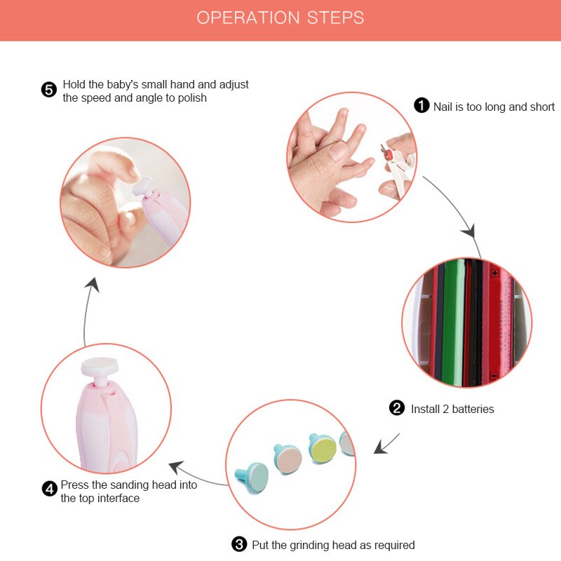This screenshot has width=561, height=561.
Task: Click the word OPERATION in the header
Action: coord(248,18)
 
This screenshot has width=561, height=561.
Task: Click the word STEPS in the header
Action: coord(336,18)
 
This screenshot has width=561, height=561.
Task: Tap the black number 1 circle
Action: coord(421,106)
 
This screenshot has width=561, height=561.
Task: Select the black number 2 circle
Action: coord(397,408)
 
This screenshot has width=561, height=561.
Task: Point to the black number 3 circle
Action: coord(239,544)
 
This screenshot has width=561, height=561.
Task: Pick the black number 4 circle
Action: coord(49,489)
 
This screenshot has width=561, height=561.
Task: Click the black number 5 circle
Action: coord(49,90)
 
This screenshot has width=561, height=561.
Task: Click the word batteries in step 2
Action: coord(473,409)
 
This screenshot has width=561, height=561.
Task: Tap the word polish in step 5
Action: coord(192,98)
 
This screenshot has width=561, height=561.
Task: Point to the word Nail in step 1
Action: coord(442,107)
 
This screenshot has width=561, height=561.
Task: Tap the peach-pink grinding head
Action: coord(288,459)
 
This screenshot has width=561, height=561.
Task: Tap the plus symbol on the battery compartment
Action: coord(495,273)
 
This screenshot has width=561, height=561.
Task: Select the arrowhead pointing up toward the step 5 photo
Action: coord(93,285)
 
